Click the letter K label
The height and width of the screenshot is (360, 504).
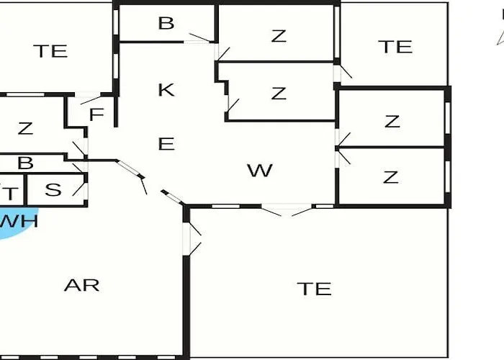click(166, 90)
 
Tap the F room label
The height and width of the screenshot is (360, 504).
click(97, 114)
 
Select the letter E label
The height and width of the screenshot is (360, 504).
click(166, 144)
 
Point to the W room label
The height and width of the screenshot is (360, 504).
click(260, 171)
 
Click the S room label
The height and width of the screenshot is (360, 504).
click(53, 190)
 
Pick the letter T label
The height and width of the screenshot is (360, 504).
click(11, 192)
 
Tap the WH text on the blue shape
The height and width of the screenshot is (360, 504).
click(18, 221)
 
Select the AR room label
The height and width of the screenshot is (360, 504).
click(82, 284)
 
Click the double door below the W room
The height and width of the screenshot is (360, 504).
click(287, 210)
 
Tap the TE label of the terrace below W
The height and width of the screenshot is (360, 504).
click(315, 289)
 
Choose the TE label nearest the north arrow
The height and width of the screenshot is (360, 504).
click(395, 47)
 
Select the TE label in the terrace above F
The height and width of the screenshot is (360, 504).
click(50, 51)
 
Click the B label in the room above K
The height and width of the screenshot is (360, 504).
click(166, 24)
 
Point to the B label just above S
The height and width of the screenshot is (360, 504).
click(26, 163)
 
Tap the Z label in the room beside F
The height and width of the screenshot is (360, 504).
click(26, 129)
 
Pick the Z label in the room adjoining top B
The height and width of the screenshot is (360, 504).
click(279, 36)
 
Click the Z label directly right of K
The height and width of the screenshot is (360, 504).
click(279, 93)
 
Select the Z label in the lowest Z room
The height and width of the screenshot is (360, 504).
click(391, 177)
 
